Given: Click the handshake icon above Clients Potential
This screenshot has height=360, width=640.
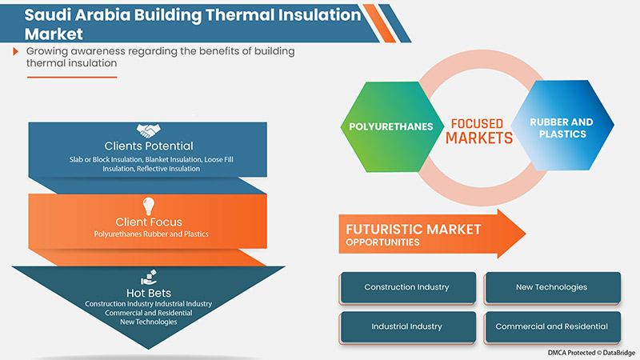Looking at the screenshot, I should [x=148, y=131].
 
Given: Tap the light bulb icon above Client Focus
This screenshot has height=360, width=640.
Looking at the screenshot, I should [x=148, y=205].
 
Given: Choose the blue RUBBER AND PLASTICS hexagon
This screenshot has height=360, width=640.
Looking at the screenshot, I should [x=561, y=128].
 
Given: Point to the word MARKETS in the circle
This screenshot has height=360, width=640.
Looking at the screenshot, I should [x=478, y=138].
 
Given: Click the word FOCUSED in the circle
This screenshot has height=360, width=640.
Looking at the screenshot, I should [x=478, y=123].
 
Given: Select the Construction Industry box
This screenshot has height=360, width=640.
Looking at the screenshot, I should [x=406, y=287].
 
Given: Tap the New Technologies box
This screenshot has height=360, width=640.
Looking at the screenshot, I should [x=552, y=287].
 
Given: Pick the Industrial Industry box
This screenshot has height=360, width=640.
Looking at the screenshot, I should [x=406, y=326].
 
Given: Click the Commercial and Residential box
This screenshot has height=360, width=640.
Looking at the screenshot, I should [x=552, y=326].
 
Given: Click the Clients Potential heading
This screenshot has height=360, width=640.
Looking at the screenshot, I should [x=148, y=146].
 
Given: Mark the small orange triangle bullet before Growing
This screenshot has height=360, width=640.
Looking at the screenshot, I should [x=16, y=51].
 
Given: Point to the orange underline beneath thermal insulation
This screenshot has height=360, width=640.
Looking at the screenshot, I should [x=72, y=77].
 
